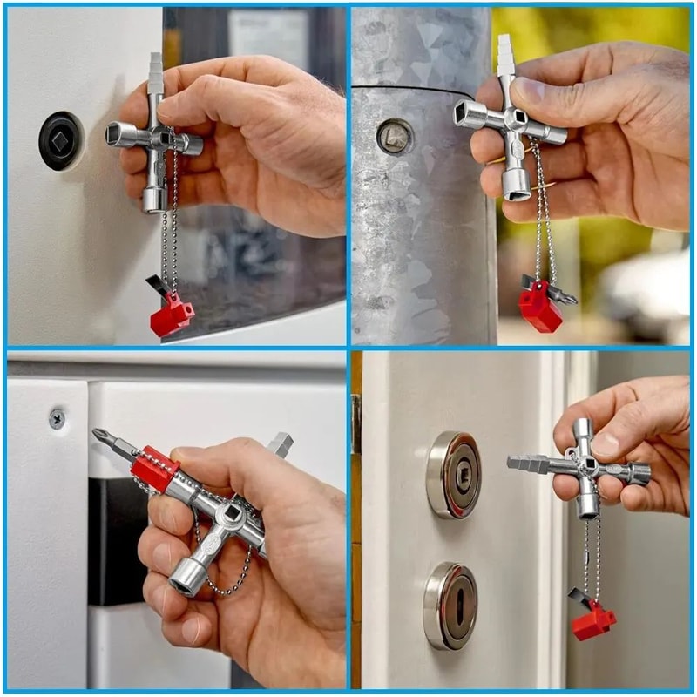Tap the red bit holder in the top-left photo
click(172, 315)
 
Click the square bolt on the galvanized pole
click(395, 136)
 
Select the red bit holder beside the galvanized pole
click(541, 307)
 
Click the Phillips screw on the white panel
click(58, 419)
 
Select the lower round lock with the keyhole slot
click(451, 605)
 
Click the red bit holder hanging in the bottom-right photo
click(592, 619)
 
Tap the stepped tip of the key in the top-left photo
click(155, 69)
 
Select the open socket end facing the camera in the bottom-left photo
click(186, 576)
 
